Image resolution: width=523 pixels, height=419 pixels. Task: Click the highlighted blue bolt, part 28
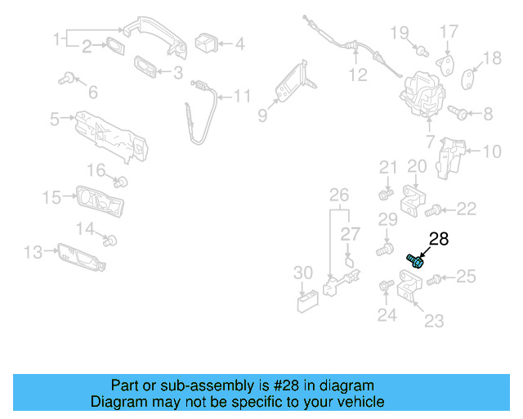click(x=415, y=260)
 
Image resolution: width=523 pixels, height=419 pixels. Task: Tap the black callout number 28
click(x=439, y=239)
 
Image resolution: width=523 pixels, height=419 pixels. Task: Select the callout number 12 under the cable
click(x=358, y=76)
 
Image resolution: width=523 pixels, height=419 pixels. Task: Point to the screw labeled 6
click(x=67, y=79)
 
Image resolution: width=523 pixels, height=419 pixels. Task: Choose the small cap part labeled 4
click(x=205, y=42)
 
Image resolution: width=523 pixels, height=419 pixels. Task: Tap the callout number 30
click(x=302, y=273)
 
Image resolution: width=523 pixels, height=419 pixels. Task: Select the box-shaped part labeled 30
click(x=307, y=302)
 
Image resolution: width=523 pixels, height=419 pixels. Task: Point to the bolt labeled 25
click(x=434, y=280)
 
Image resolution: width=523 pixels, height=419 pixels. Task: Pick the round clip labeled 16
click(x=121, y=181)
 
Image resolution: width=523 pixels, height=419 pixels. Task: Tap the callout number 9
click(x=262, y=116)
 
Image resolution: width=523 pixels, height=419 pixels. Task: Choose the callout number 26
click(x=338, y=195)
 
